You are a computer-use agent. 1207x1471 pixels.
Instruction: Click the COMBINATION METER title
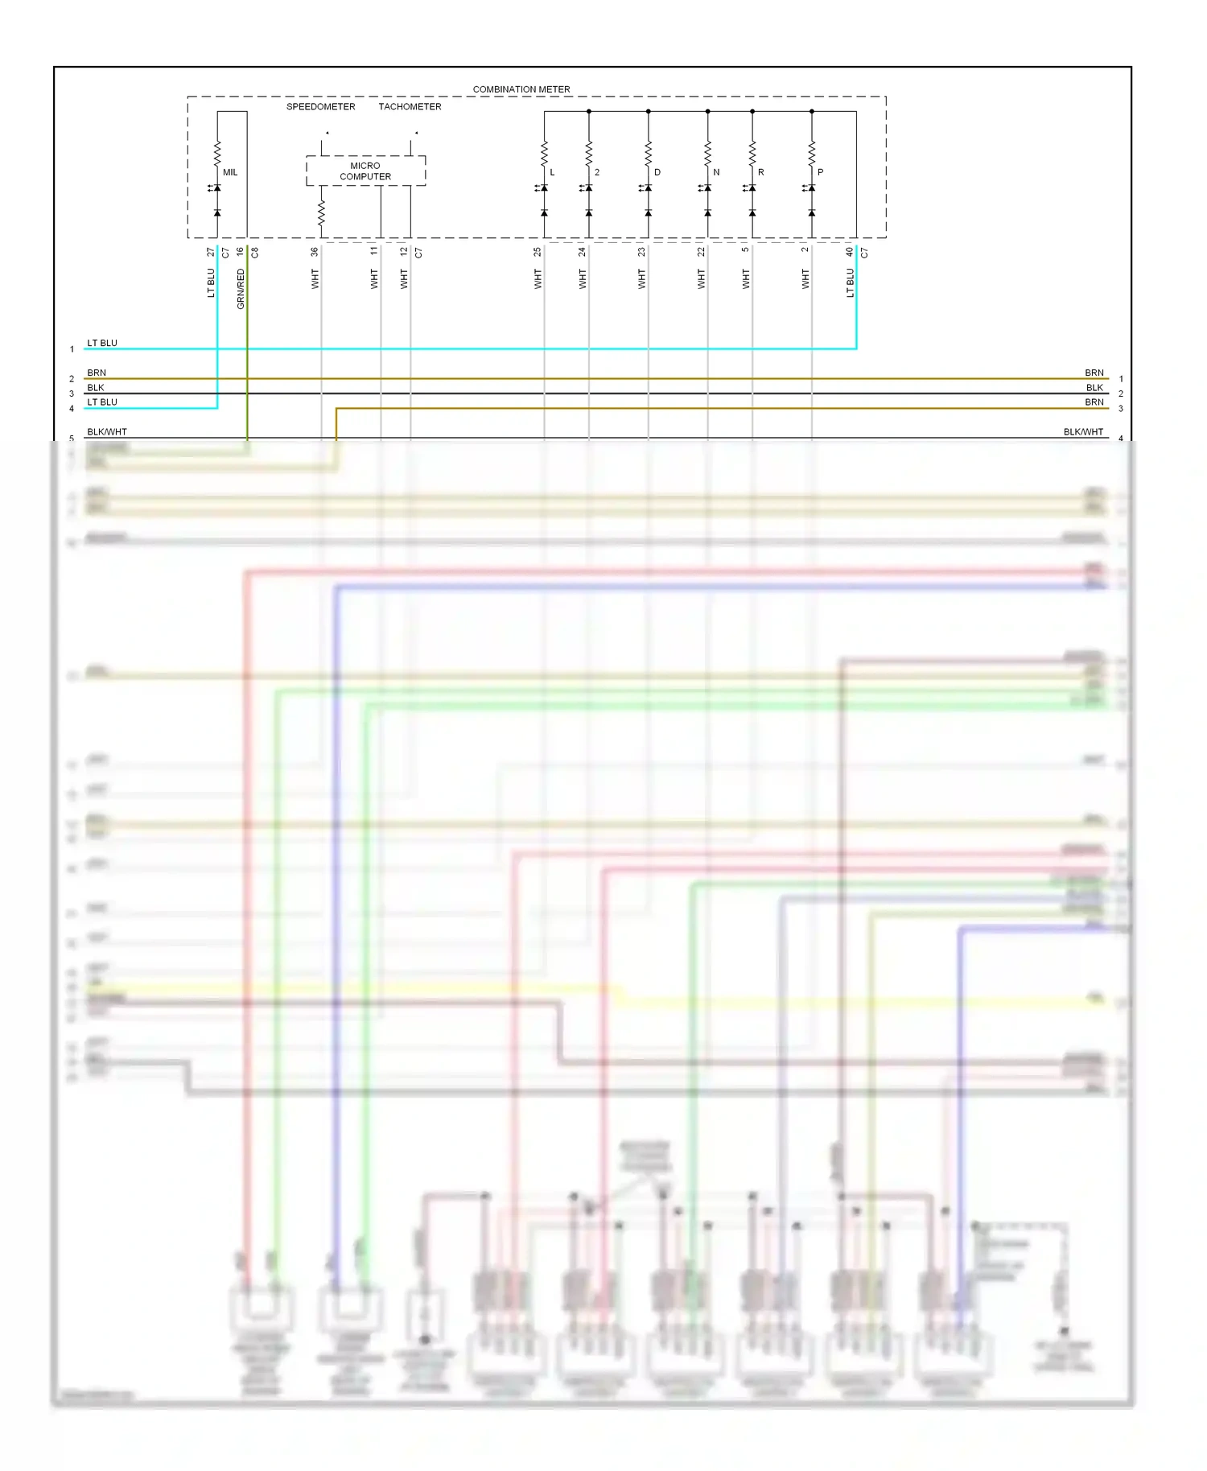coord(521,89)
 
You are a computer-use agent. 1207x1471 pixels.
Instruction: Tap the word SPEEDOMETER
coord(320,106)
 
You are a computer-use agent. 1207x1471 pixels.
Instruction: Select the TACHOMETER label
coord(410,106)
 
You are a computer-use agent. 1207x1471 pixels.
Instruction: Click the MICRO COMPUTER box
coord(365,171)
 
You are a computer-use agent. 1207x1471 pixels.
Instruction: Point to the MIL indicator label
coord(230,172)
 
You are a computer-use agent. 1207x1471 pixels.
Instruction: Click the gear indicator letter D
coord(657,172)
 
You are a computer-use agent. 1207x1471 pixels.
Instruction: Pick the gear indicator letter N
coord(716,172)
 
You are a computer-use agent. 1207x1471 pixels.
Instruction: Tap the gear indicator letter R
coord(761,172)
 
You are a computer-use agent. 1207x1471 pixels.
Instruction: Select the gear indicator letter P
coord(820,172)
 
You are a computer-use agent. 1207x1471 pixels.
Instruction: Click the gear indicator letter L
coord(552,172)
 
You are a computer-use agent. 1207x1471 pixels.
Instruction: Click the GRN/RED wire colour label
coord(241,289)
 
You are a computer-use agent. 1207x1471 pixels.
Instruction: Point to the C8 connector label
coord(255,253)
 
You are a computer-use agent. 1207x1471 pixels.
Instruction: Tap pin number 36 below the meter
coord(315,252)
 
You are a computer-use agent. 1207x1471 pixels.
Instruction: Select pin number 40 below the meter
coord(850,252)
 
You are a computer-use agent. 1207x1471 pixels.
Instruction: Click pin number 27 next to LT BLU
coord(211,252)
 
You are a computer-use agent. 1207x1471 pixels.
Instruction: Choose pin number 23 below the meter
coord(641,252)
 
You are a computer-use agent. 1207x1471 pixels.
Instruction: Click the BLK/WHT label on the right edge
coord(1083,432)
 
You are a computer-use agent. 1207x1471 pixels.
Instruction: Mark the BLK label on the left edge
coord(96,388)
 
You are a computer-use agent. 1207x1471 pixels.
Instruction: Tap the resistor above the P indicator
coord(811,151)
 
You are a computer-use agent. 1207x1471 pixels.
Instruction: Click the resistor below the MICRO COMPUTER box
coord(321,213)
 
